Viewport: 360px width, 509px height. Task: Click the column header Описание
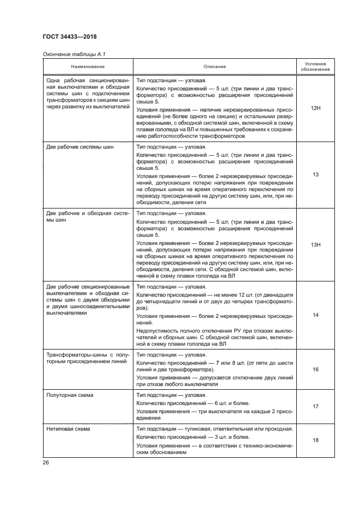(215, 66)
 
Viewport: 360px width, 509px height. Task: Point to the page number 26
(46, 463)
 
